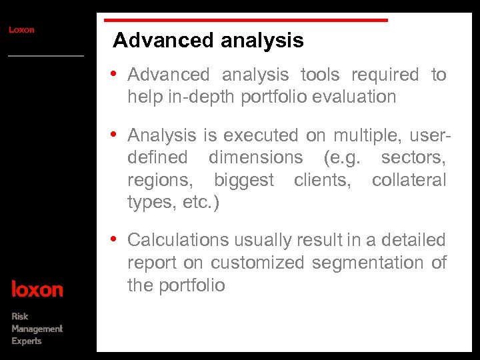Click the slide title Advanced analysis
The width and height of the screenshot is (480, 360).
pos(208,41)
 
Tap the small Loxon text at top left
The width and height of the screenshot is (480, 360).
pos(21,30)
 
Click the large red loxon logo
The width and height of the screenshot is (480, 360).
pos(37,290)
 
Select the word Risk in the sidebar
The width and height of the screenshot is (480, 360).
pos(20,316)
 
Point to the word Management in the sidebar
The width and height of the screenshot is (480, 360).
pos(37,329)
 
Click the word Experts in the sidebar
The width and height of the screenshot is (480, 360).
pos(27,341)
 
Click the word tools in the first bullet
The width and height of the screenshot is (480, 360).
pos(320,75)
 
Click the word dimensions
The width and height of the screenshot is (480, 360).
pos(255,158)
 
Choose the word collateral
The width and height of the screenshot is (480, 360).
pos(409,180)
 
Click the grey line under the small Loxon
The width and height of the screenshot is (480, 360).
pos(46,56)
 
